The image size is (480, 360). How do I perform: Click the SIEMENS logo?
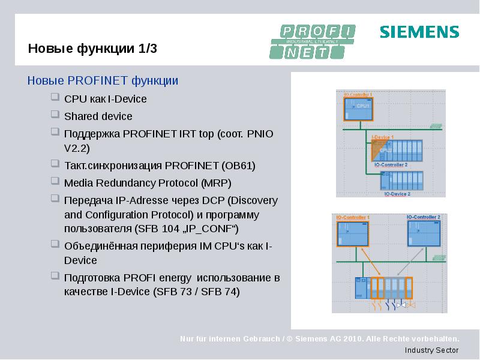click(x=419, y=32)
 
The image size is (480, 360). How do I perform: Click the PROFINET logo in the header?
click(x=313, y=41)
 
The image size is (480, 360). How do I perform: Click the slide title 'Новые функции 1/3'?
click(x=92, y=49)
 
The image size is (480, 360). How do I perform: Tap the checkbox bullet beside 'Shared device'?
click(x=55, y=115)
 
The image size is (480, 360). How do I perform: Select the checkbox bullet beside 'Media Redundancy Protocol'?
click(x=55, y=181)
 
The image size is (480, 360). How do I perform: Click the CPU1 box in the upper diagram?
click(x=358, y=108)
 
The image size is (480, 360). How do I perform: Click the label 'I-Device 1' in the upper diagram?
click(x=382, y=137)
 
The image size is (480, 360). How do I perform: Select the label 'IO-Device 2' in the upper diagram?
click(x=397, y=194)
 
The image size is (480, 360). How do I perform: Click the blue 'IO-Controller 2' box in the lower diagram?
click(x=424, y=233)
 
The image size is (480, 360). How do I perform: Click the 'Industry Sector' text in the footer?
click(x=431, y=350)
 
